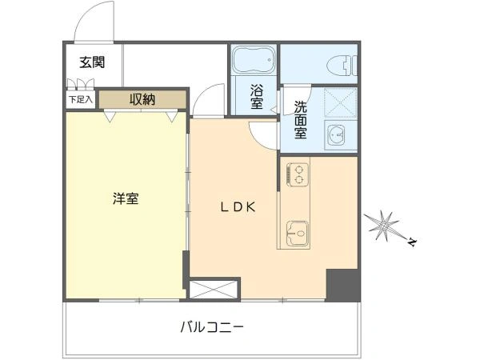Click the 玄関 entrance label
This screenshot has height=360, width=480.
coord(92,62)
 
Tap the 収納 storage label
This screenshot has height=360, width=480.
coord(143,100)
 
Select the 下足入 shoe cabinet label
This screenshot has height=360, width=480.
coord(80,100)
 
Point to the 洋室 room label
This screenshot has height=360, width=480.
coord(125,198)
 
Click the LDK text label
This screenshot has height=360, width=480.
coord(238,206)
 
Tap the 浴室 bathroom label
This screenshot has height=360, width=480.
coord(257,96)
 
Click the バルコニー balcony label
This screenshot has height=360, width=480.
coord(211,327)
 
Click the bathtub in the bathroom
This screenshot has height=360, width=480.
coord(254,62)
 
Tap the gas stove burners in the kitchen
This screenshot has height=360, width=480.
coord(297,173)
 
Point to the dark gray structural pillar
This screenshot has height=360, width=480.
coord(342,285)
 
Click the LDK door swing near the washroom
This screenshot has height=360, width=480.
coord(262,134)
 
